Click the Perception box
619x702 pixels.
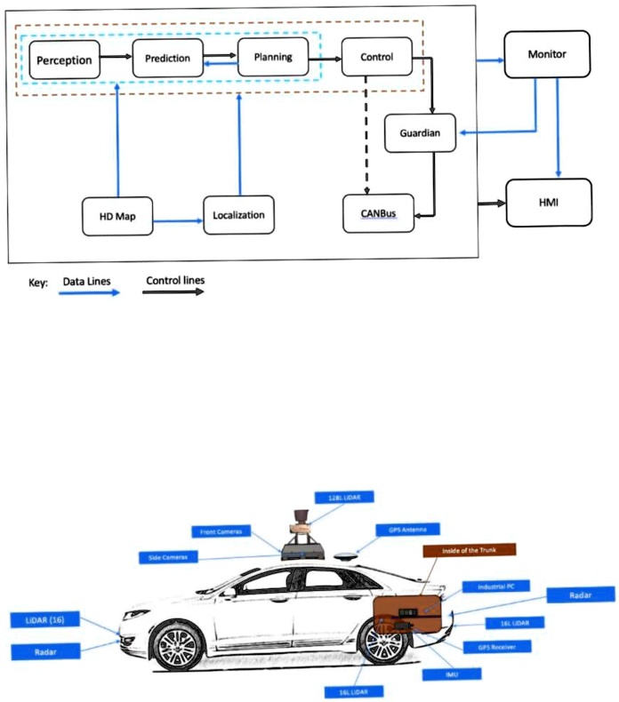[63, 60]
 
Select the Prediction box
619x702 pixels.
[167, 59]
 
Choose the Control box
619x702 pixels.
[376, 57]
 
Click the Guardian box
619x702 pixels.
[420, 132]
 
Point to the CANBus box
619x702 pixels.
[379, 213]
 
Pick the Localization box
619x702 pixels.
[237, 215]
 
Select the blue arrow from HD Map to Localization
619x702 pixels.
[178, 216]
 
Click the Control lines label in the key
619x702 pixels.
[175, 280]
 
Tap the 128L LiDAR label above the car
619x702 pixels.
[343, 496]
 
